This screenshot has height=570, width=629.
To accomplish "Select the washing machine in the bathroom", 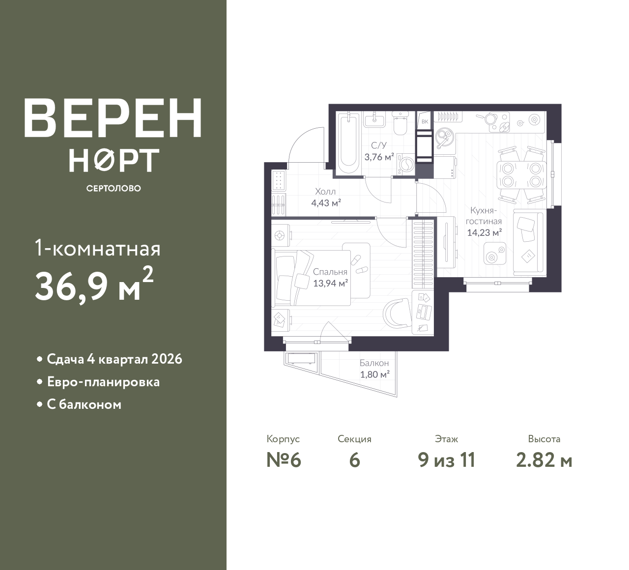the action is tap(406, 164).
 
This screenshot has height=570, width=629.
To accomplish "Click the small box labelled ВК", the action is tap(425, 121).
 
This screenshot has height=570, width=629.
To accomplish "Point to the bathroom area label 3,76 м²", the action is tap(379, 157).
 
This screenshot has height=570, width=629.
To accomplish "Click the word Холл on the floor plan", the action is tap(325, 191).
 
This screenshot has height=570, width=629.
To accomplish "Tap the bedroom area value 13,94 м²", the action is tap(331, 283).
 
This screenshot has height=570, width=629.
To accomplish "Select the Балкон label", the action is tap(374, 363).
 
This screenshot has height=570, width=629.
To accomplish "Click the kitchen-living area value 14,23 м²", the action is tap(484, 232).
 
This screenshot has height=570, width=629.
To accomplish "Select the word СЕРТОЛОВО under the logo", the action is tap(114, 188).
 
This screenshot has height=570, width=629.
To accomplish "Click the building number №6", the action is tap(284, 460).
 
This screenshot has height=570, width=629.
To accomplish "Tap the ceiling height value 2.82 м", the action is tap(544, 460).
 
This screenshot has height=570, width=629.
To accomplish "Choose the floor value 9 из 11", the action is tap(447, 460).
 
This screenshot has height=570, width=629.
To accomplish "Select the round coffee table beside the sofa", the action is tap(494, 253).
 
